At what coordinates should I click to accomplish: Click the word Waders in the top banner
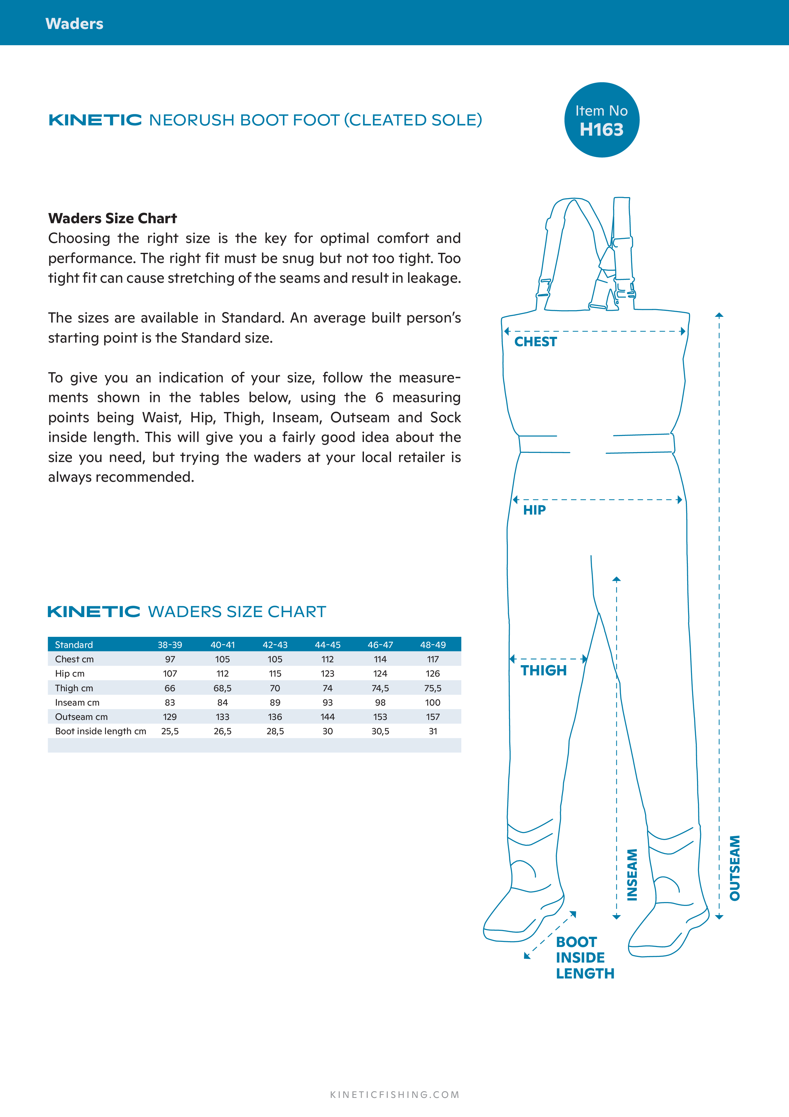74,24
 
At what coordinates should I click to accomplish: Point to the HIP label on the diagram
534,510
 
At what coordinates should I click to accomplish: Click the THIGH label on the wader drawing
543,670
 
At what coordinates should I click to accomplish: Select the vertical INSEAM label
632,875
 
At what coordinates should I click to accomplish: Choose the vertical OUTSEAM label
735,868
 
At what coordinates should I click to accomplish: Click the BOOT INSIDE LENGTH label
585,957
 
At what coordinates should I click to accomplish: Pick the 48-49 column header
433,644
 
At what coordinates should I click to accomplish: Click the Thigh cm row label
74,688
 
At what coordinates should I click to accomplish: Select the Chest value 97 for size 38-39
170,659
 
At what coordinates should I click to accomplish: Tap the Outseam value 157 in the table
433,717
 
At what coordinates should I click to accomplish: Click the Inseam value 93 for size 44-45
328,702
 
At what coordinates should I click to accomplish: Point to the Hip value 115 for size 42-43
275,673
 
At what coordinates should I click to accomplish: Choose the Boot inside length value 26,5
223,731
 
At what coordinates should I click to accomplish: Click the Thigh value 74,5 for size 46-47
380,688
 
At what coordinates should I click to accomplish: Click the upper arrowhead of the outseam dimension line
719,315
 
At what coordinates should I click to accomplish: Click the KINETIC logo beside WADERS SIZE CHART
94,612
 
